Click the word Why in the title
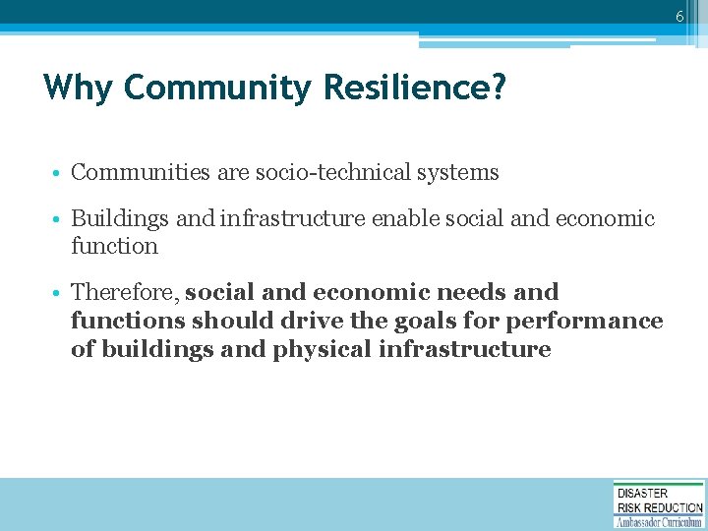click(78, 88)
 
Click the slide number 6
click(678, 17)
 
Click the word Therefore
click(124, 293)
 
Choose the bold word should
click(234, 322)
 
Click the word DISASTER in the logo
click(642, 494)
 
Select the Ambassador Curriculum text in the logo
click(659, 522)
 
